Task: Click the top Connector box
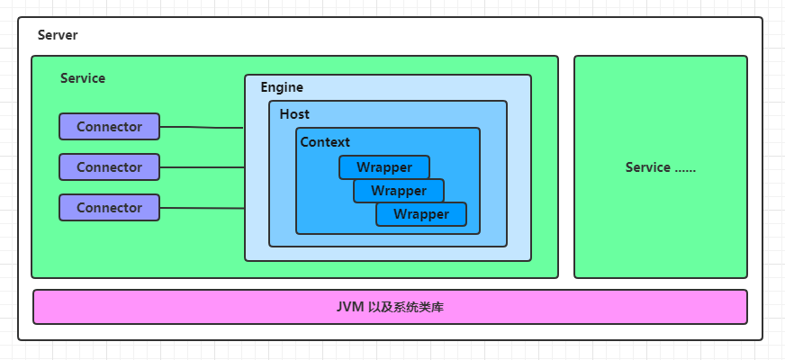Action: [x=109, y=127]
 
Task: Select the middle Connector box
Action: [x=109, y=167]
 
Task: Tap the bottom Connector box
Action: [x=109, y=208]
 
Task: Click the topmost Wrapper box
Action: [x=384, y=167]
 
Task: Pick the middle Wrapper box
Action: [x=399, y=191]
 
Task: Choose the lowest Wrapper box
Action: [x=421, y=214]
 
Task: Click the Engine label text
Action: [x=282, y=87]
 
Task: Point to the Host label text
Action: [x=294, y=114]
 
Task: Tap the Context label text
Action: [x=325, y=142]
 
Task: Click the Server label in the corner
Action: [x=58, y=35]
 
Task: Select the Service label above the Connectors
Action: [x=83, y=78]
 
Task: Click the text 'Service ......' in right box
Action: [x=661, y=167]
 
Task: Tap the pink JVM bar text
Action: [x=390, y=307]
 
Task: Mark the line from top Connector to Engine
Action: [x=202, y=128]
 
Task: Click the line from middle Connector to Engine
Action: [x=202, y=167]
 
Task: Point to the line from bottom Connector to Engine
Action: [x=202, y=208]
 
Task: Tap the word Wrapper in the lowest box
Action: [x=421, y=214]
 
